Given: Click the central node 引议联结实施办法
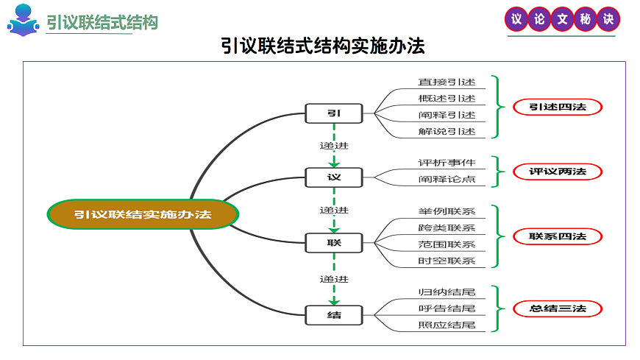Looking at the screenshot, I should pyautogui.click(x=143, y=214).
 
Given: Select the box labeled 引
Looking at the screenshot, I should pyautogui.click(x=334, y=113).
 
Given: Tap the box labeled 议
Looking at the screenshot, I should pyautogui.click(x=334, y=177).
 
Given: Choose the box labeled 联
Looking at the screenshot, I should pyautogui.click(x=334, y=241).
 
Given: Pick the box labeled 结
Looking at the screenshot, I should pyautogui.click(x=334, y=315).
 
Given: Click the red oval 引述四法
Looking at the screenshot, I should pyautogui.click(x=558, y=107).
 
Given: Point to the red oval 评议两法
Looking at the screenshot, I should pyautogui.click(x=558, y=172).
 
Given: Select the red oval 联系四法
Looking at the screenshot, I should pyautogui.click(x=558, y=236).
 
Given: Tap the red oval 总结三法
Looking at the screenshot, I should pyautogui.click(x=558, y=308).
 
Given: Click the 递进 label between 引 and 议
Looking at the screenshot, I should pyautogui.click(x=334, y=144).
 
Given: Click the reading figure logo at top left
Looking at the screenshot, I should pyautogui.click(x=24, y=21).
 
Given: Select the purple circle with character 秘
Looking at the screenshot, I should pyautogui.click(x=585, y=20).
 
